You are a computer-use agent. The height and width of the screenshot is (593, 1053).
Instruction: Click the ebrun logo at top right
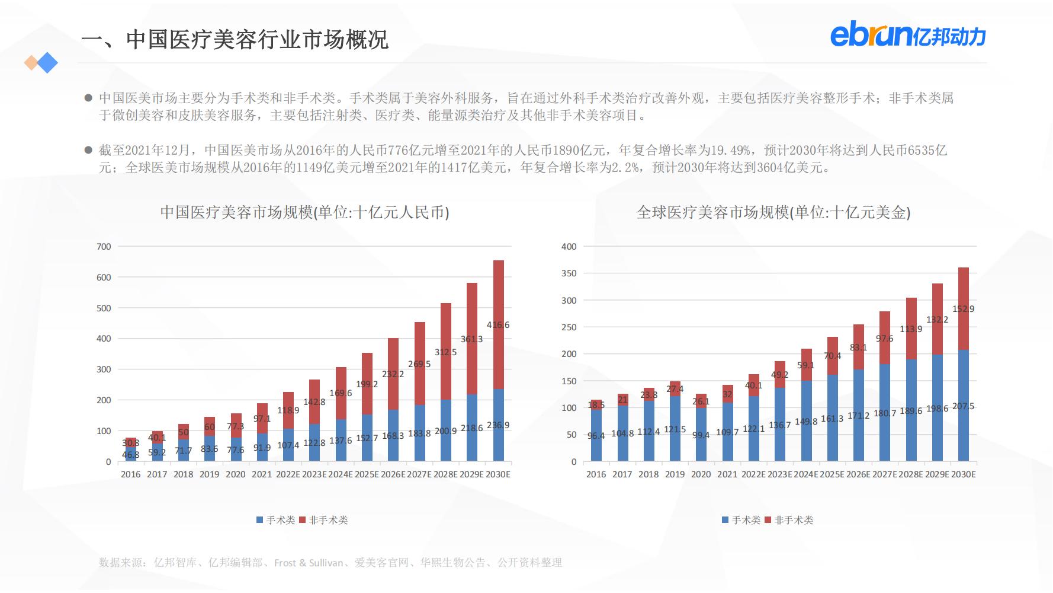click(x=907, y=36)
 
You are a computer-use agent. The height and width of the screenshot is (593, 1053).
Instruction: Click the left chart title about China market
click(x=304, y=212)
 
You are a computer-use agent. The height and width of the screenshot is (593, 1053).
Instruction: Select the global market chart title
click(x=773, y=212)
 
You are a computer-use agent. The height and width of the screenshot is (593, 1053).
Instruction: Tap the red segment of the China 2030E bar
click(x=499, y=296)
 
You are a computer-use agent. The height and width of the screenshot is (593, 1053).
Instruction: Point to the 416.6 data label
click(x=498, y=325)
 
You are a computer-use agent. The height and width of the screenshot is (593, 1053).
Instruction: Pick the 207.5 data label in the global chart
click(x=963, y=406)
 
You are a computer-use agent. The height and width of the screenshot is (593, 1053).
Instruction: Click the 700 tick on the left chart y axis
click(x=104, y=247)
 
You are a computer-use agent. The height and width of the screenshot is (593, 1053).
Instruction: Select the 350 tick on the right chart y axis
click(x=569, y=273)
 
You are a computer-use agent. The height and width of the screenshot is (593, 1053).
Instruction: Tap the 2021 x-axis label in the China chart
click(x=261, y=474)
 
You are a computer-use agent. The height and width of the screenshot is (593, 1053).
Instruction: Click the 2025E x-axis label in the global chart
click(x=832, y=474)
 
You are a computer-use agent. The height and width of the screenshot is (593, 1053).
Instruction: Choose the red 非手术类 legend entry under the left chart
click(x=324, y=520)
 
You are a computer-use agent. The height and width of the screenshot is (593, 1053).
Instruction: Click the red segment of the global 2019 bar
click(x=675, y=388)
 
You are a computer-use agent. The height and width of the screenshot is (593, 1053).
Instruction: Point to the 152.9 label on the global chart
click(x=963, y=308)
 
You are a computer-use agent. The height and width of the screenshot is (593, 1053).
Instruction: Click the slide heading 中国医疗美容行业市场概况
click(x=235, y=40)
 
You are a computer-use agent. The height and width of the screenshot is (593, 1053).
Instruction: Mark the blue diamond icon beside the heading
click(x=47, y=63)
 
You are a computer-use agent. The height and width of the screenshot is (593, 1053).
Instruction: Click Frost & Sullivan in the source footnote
click(x=309, y=563)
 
